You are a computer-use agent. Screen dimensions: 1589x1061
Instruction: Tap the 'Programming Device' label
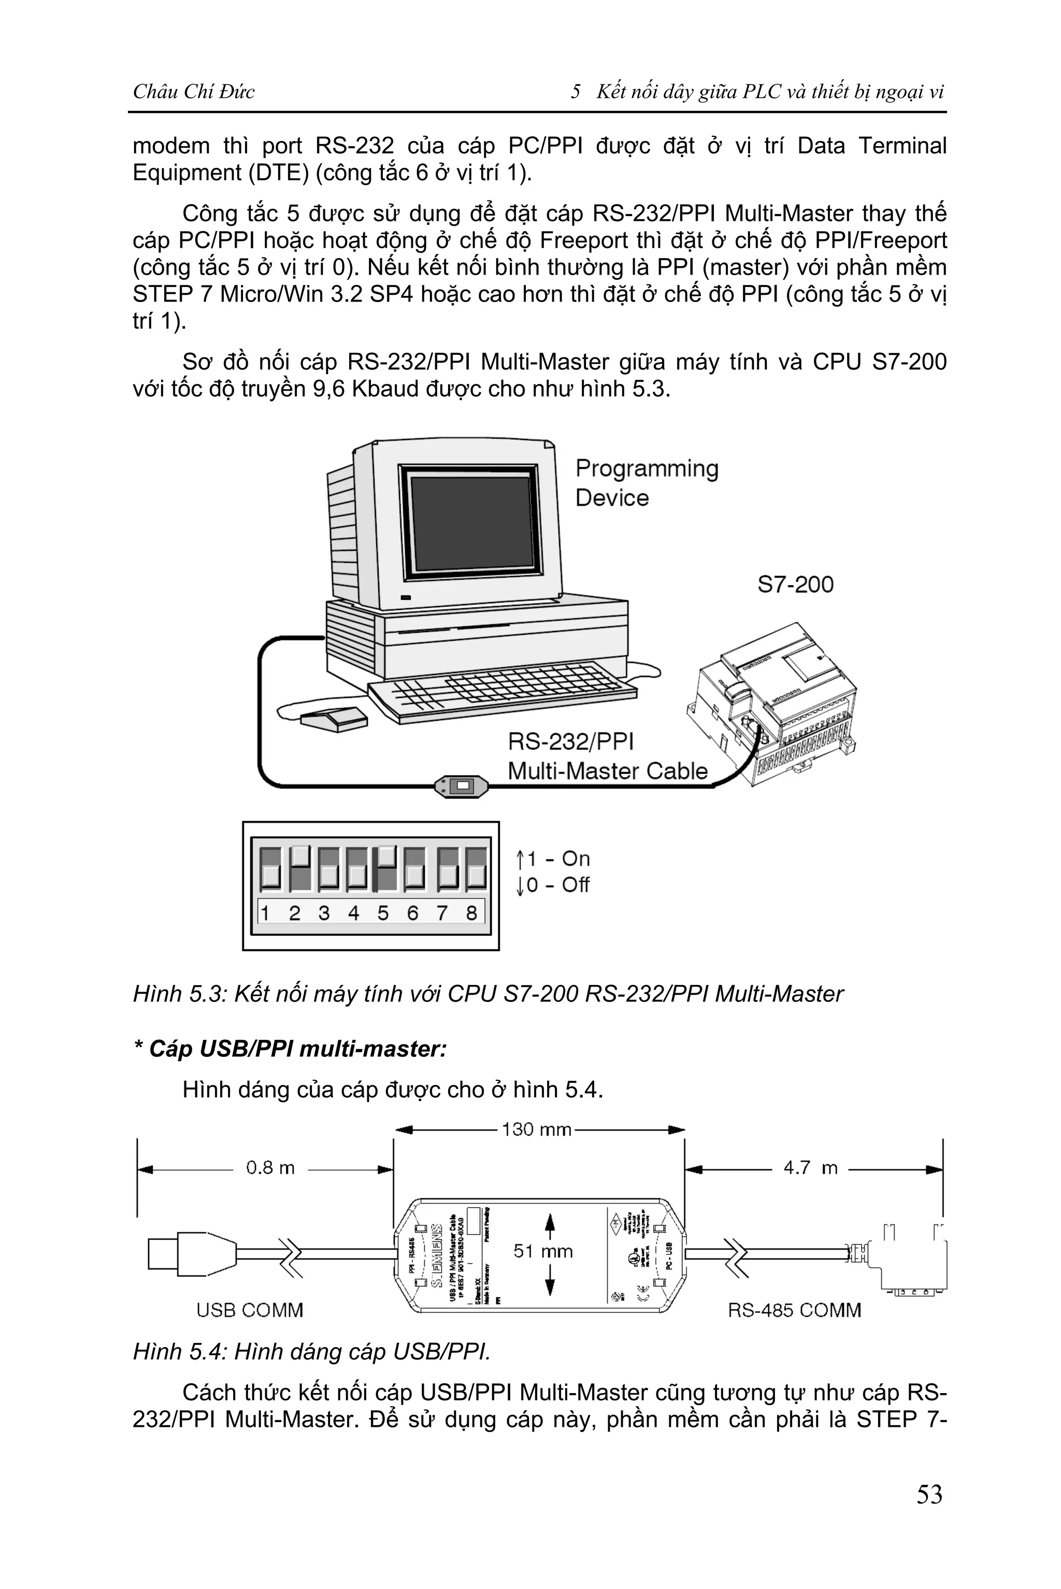[x=646, y=482]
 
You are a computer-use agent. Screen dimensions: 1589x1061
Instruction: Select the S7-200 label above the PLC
[x=795, y=584]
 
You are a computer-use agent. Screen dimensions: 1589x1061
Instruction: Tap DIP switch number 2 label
[x=294, y=913]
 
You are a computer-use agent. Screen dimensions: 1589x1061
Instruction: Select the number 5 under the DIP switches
[x=383, y=913]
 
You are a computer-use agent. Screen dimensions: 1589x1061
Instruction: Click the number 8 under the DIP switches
[x=471, y=913]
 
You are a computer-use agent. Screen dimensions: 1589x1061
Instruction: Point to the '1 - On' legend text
[x=557, y=859]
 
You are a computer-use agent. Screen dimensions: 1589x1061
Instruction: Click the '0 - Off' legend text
[x=557, y=884]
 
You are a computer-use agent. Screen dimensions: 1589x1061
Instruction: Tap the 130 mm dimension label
[x=537, y=1129]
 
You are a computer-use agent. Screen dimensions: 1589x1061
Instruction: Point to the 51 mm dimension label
[x=543, y=1251]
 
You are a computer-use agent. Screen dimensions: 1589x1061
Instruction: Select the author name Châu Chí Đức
[x=194, y=91]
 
